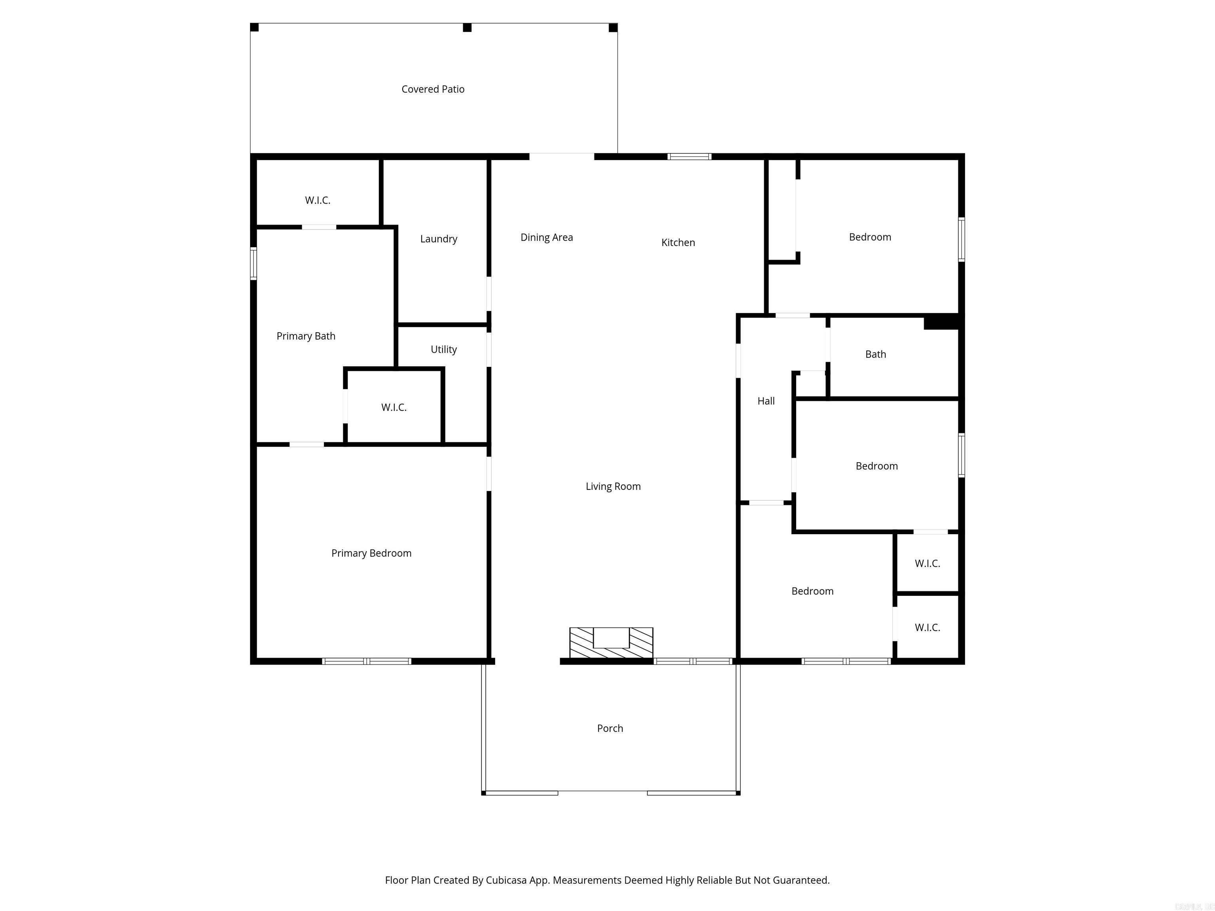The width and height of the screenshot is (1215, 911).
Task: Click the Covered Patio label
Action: coord(433,89)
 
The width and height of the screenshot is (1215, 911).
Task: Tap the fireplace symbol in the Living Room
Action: coord(611,643)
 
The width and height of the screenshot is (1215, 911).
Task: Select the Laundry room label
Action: coord(438,239)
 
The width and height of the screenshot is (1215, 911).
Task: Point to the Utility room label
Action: coord(443,349)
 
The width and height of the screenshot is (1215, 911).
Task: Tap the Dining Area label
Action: coord(547,237)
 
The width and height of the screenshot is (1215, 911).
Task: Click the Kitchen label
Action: coord(678,242)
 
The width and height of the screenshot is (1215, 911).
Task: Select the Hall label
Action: coord(766,401)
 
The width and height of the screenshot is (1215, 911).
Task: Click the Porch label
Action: coord(610,728)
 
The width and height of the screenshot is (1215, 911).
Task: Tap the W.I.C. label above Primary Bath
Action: coord(318,200)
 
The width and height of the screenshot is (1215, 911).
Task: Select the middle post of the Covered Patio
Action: coord(467,27)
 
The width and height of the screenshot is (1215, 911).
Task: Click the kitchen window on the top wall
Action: coord(689,157)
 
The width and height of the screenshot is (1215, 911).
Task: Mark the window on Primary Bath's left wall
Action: coord(253,264)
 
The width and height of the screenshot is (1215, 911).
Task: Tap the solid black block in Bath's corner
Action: coord(941,322)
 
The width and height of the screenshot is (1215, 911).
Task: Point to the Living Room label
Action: coord(613,486)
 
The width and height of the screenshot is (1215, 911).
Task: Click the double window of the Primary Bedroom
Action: coord(366,661)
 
